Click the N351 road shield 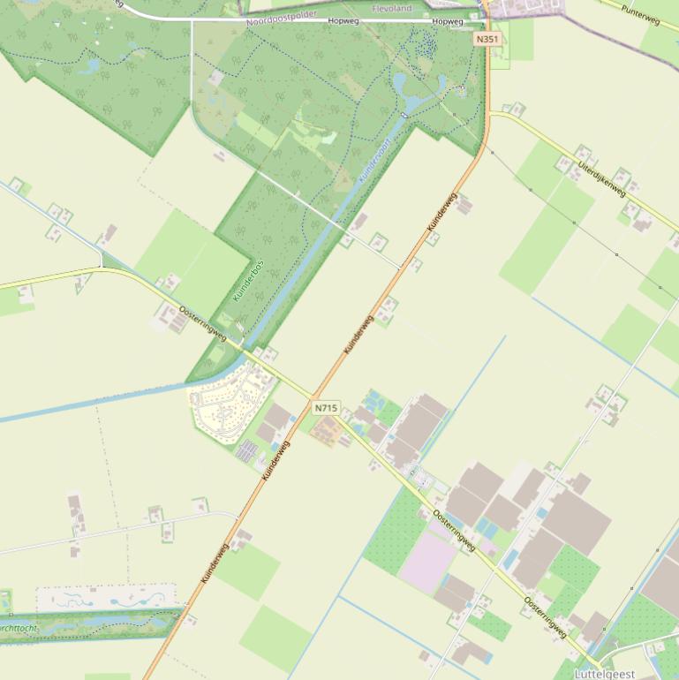(487, 40)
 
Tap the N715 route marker (325, 407)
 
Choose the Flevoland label (392, 9)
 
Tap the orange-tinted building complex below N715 (328, 432)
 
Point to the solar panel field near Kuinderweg (248, 452)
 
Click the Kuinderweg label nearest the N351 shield (441, 213)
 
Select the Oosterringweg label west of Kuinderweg (202, 323)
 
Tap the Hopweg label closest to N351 (447, 21)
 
